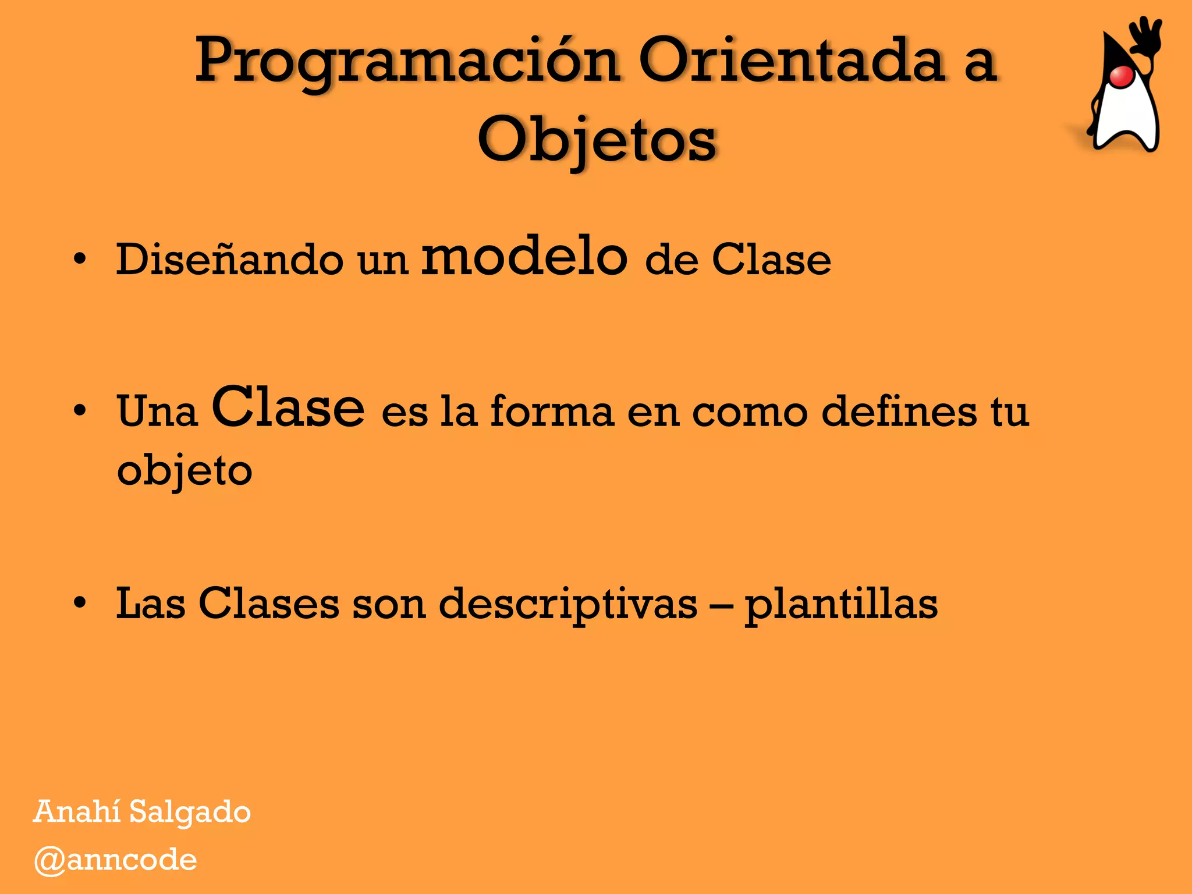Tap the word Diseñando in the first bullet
[x=229, y=260]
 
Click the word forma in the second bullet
[x=552, y=411]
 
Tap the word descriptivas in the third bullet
[x=567, y=604]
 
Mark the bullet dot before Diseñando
[x=80, y=259]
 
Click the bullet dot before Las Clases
[x=80, y=603]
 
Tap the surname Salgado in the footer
[x=190, y=813]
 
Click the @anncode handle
[x=115, y=860]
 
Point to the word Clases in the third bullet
[x=269, y=604]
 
